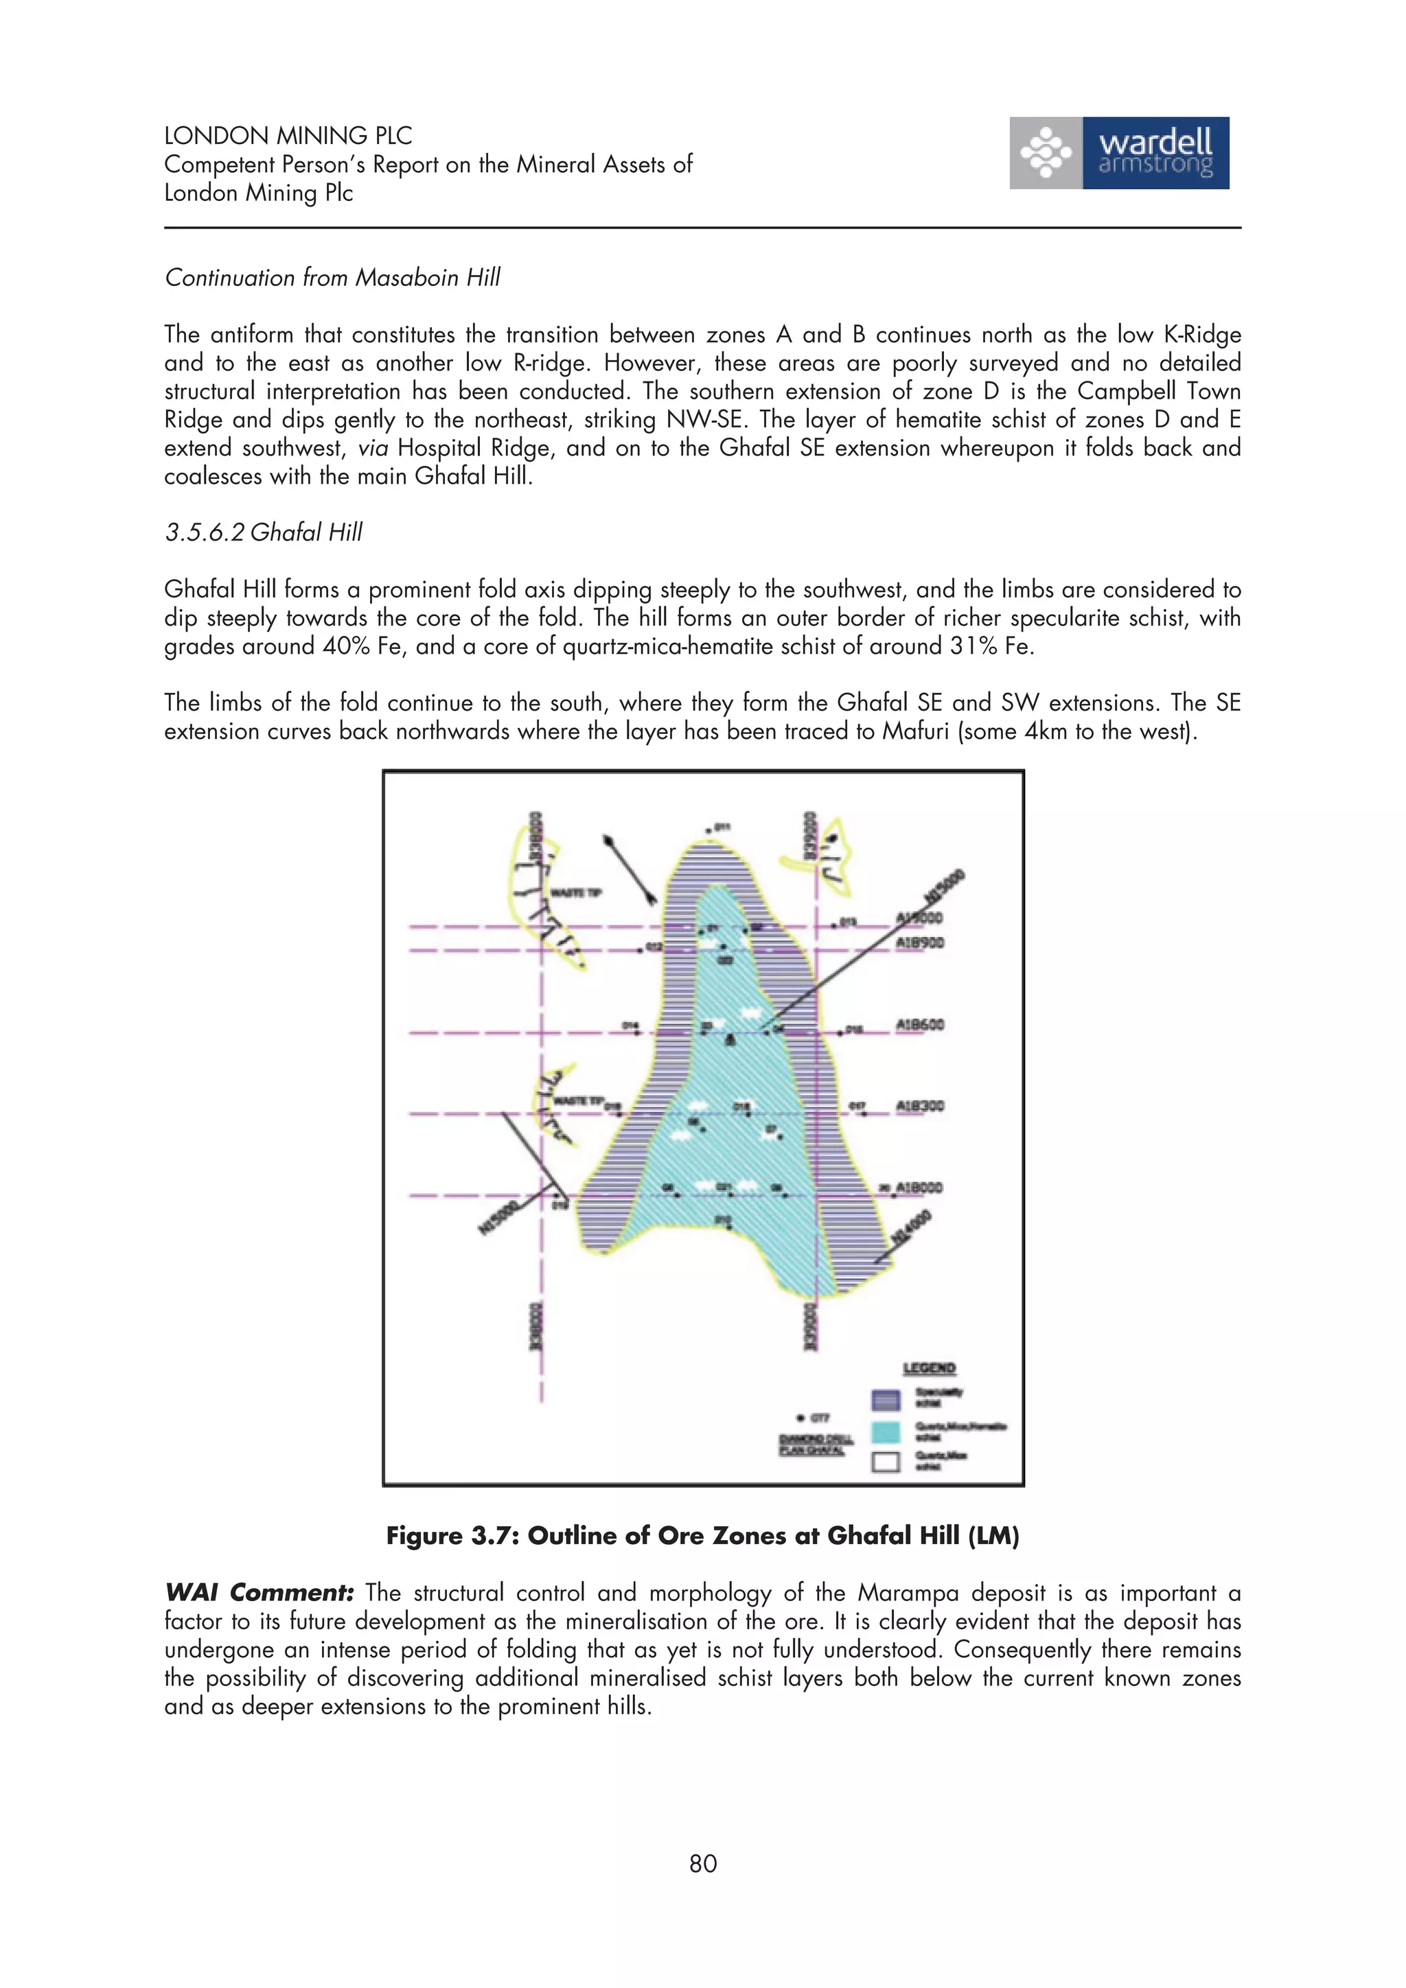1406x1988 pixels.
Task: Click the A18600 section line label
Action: [919, 1024]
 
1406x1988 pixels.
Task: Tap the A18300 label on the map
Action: [919, 1106]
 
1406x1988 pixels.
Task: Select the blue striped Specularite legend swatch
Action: [886, 1401]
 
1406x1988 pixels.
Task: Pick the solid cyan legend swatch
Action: [886, 1432]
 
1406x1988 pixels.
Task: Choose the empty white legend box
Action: [886, 1463]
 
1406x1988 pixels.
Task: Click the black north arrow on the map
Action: [630, 869]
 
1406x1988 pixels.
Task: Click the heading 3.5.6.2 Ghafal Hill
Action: [264, 532]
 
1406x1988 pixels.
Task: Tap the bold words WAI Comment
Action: [259, 1592]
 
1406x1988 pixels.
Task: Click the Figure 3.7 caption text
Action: [702, 1536]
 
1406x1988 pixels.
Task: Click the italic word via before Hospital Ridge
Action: [373, 449]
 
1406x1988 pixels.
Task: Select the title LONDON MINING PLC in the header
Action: [288, 136]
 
